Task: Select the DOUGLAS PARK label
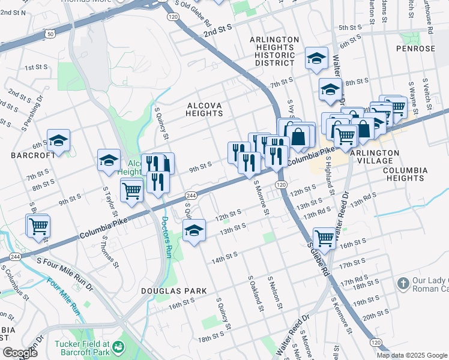[165, 291]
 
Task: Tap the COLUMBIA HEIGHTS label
[405, 174]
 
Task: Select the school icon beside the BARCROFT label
[59, 141]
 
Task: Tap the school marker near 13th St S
[194, 230]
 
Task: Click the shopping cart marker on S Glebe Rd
[325, 238]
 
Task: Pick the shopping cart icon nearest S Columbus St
[38, 226]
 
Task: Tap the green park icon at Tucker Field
[119, 347]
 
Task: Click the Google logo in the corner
[20, 353]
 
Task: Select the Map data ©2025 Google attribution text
[411, 355]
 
